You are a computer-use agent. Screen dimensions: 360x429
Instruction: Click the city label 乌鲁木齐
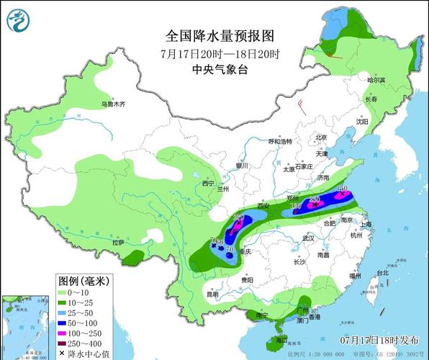coord(113,104)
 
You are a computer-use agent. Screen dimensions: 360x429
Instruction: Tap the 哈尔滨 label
coord(377,81)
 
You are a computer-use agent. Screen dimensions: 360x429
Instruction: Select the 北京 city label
coord(320,137)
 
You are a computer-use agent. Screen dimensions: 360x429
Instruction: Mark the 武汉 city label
coord(310,238)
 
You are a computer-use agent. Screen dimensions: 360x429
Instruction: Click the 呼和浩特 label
coord(281,141)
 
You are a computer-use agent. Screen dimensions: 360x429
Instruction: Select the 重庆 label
coord(246,252)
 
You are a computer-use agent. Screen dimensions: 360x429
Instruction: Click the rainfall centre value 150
coord(343,189)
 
